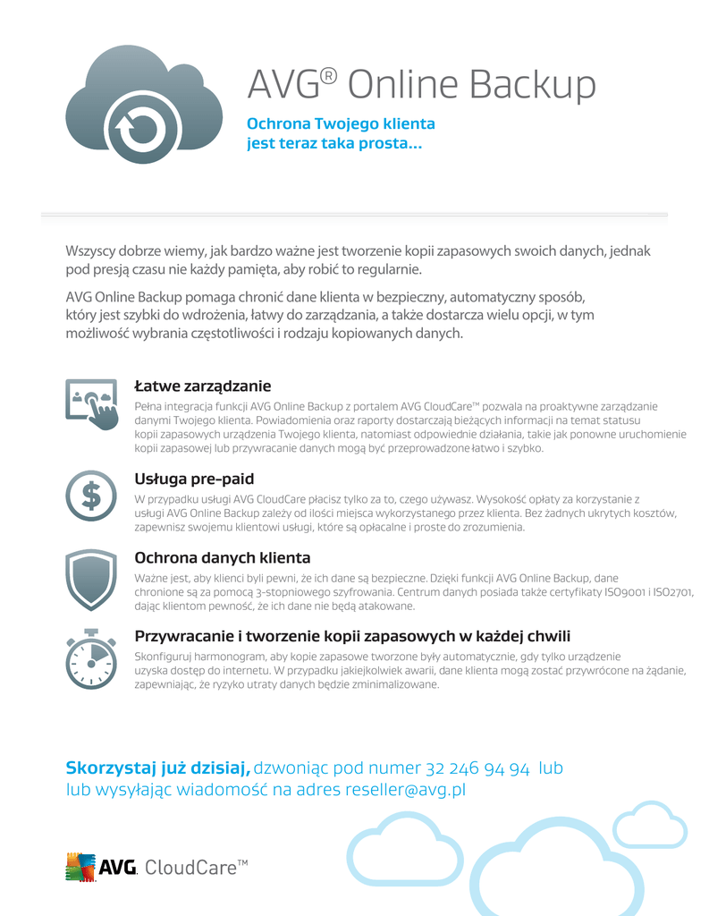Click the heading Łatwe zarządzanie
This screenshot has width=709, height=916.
(202, 386)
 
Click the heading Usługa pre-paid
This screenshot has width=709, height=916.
(194, 479)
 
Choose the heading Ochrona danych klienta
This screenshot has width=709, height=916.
(223, 558)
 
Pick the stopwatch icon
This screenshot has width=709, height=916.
(91, 657)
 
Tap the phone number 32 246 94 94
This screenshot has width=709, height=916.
(478, 768)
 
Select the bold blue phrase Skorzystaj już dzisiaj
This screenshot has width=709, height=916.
(158, 768)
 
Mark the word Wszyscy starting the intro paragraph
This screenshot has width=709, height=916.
(92, 250)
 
